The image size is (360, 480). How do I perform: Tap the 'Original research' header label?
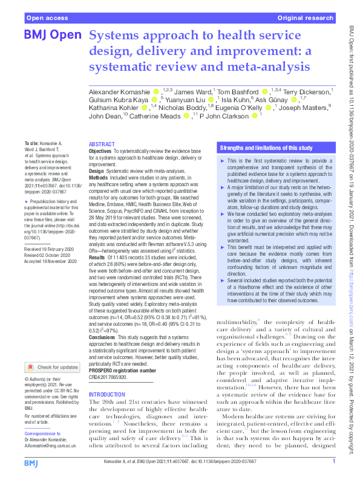[306, 19]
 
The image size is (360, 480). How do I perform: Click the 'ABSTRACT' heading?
[101, 144]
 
